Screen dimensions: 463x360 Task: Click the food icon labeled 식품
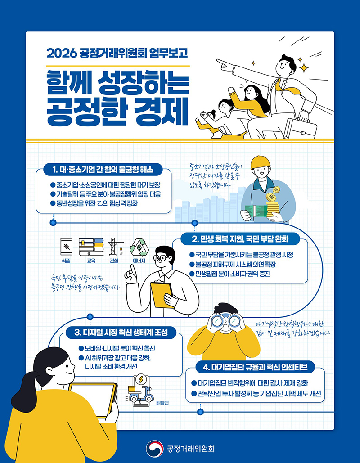[x=66, y=247]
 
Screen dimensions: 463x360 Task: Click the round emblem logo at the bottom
[x=154, y=449]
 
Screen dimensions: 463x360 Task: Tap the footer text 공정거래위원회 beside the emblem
[x=190, y=449]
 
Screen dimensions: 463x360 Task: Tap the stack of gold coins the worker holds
[x=272, y=206]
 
